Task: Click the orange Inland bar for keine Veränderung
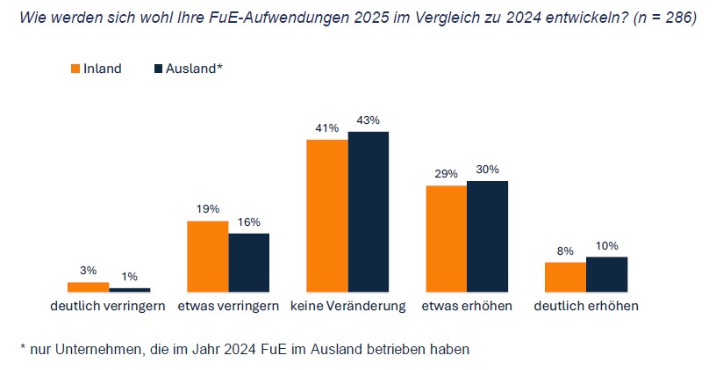click(326, 215)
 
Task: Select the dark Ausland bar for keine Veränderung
click(369, 212)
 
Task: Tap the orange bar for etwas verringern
click(207, 256)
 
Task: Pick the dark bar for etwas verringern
click(249, 262)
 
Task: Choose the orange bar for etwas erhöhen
click(446, 238)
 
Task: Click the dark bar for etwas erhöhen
click(487, 236)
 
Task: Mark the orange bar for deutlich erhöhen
click(565, 276)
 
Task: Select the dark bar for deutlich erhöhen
click(606, 273)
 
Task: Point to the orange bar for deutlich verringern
click(88, 287)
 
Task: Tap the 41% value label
click(326, 128)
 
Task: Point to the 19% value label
click(207, 209)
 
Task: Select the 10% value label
click(606, 245)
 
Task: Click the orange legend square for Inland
click(75, 69)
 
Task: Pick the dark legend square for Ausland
click(158, 69)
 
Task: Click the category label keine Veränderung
click(347, 307)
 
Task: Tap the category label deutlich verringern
click(108, 307)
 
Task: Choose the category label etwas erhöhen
click(466, 307)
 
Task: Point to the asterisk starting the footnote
click(23, 348)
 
